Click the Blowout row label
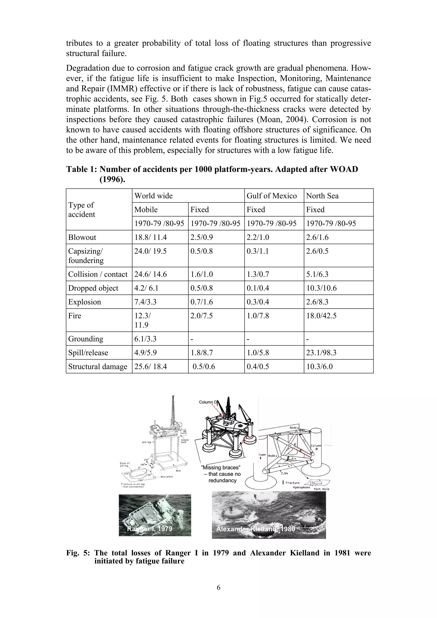pos(82,237)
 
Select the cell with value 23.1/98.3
pos(321,352)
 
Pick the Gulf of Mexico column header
pos(271,196)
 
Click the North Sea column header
pos(322,196)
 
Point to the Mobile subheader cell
pos(146,209)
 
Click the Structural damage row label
pos(98,366)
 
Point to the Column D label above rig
pos(208,402)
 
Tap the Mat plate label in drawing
pos(166,477)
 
